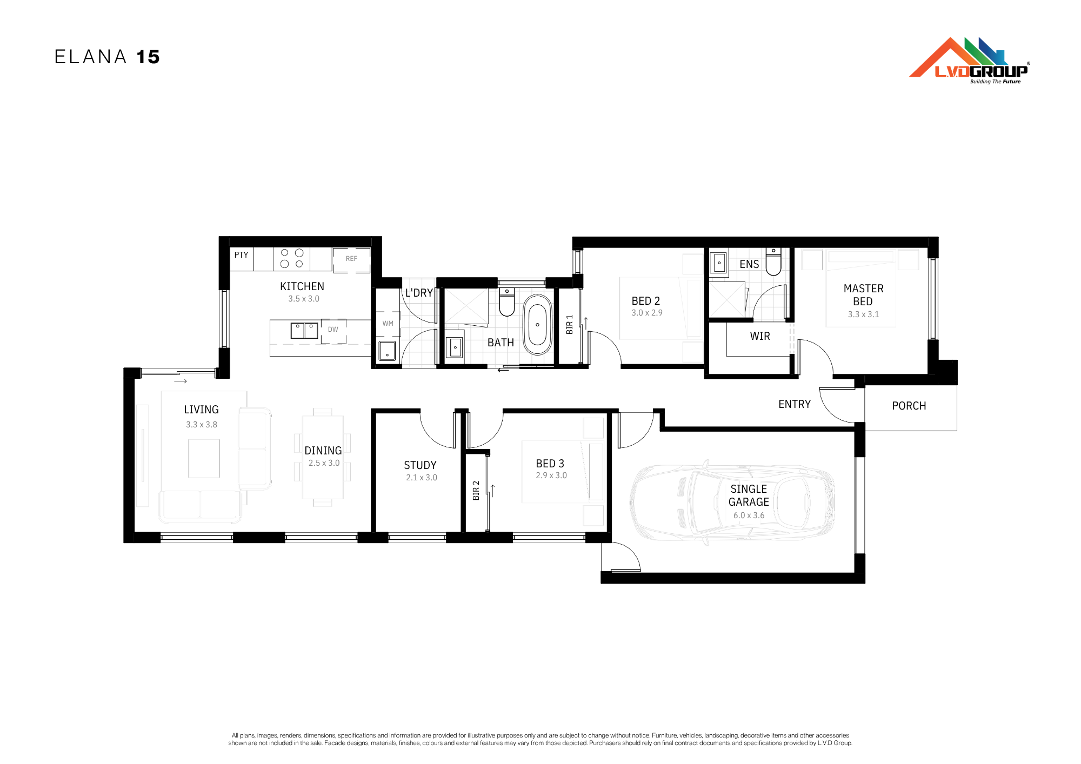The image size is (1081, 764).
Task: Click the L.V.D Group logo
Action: point(970,61)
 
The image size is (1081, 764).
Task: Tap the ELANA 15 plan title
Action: point(107,57)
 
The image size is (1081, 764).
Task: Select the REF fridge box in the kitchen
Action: point(351,260)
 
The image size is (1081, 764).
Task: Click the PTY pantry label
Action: point(241,254)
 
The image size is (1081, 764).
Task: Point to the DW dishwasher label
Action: point(333,329)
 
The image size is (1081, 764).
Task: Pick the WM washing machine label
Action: point(388,324)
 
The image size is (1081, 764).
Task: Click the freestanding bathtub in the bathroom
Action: point(537,325)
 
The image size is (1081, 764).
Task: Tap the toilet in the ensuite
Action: point(773,262)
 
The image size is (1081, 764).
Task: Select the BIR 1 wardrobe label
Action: point(569,325)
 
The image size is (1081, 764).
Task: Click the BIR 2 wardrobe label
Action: point(476,491)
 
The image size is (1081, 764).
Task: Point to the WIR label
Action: point(760,336)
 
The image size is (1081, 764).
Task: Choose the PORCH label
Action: point(909,406)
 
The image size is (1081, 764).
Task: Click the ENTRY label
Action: point(795,404)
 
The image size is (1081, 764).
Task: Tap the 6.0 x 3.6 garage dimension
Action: point(749,515)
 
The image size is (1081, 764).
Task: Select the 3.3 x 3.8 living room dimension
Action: point(202,425)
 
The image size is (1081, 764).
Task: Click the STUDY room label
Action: point(420,465)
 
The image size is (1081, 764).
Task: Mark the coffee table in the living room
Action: point(204,459)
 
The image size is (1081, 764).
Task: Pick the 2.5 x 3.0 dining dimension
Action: point(324,463)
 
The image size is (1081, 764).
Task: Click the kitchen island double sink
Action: point(304,331)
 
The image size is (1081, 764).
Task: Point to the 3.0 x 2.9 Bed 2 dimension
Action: point(647,313)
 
